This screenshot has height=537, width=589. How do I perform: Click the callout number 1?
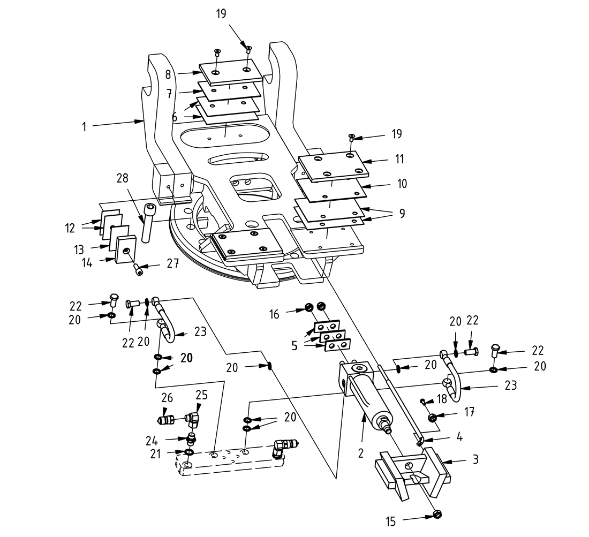(84, 127)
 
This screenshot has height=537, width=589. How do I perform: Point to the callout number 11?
(399, 159)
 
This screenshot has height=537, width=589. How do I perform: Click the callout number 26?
(168, 398)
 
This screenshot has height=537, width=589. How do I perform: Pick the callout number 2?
(361, 453)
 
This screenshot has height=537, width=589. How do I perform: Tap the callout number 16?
(274, 314)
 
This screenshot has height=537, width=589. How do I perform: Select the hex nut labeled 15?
(436, 515)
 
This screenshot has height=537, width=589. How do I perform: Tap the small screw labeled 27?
(139, 270)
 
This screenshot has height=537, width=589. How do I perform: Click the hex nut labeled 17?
(433, 418)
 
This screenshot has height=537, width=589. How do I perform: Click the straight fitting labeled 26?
(168, 419)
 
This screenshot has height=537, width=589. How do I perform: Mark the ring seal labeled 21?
(189, 452)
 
